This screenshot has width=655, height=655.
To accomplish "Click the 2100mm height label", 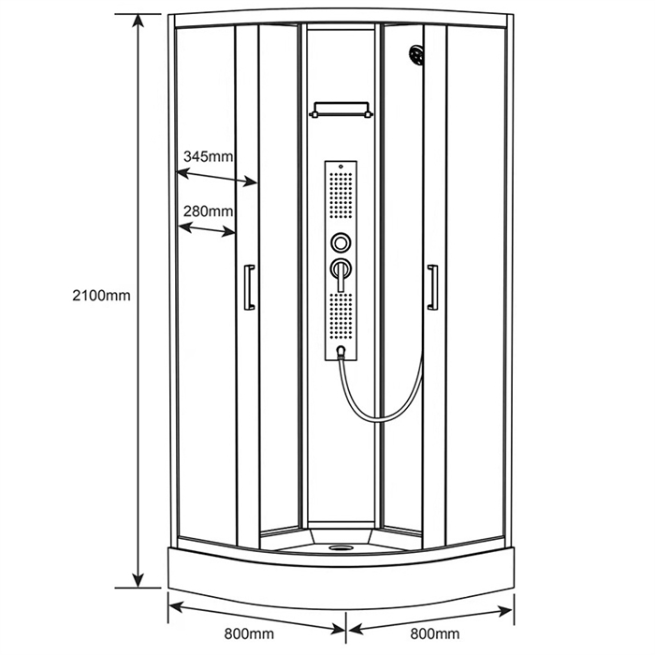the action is [101, 296].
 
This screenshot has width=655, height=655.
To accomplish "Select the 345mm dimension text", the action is [208, 156].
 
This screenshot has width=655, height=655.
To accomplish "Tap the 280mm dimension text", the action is [208, 211].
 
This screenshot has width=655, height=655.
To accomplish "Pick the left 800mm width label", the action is [249, 633].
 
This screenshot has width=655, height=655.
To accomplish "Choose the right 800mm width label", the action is [435, 633].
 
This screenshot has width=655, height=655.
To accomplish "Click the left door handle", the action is [249, 287].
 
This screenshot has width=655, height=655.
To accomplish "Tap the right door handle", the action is [432, 287].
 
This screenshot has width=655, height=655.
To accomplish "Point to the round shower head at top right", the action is [416, 55].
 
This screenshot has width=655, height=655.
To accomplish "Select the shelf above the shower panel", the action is [341, 109].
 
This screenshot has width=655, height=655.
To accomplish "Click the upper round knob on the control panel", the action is [341, 242].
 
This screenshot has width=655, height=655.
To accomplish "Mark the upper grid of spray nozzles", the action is [341, 195].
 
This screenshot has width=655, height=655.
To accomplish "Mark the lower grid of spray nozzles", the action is [341, 316].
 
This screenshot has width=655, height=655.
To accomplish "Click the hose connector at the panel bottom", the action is [342, 352].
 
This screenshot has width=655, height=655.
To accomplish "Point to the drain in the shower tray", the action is [341, 547].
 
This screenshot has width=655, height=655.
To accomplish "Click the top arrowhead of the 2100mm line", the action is [138, 20].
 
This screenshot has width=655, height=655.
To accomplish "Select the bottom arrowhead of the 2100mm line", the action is [138, 581].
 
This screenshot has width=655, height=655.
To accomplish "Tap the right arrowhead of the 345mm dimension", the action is [251, 182].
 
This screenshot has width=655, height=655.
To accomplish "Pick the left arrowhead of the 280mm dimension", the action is [184, 226].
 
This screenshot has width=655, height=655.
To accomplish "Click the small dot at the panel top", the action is [341, 167].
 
